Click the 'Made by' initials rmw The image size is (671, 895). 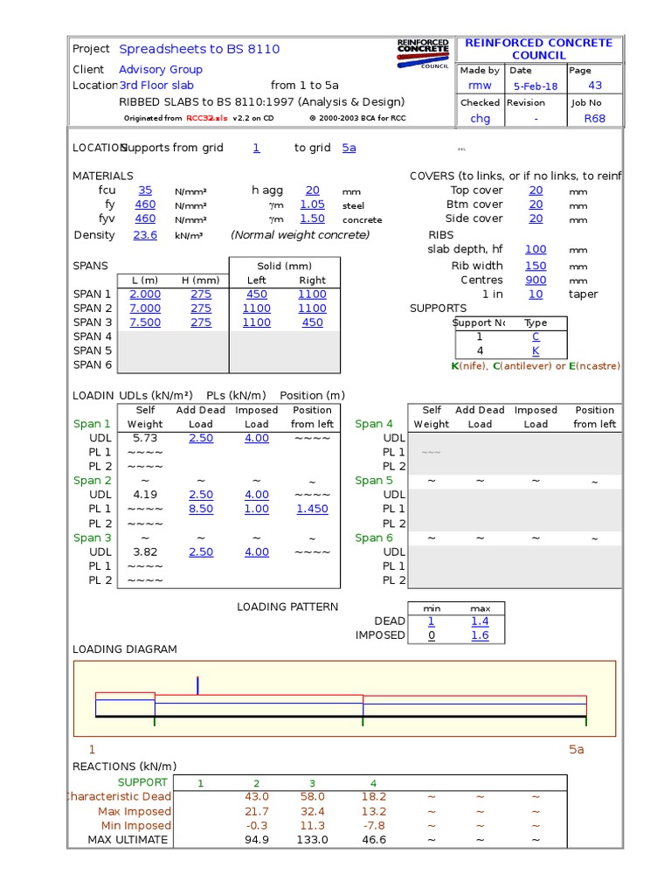tap(480, 86)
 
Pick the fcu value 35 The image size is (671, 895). tap(145, 191)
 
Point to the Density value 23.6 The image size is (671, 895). tap(145, 235)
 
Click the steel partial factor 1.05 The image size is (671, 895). tap(312, 205)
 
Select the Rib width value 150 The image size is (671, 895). tap(536, 266)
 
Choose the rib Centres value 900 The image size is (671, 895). tap(536, 280)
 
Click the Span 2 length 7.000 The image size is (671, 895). tap(145, 309)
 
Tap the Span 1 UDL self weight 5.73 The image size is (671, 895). tap(145, 438)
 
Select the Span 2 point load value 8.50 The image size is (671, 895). tap(201, 509)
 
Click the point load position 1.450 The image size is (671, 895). tap(312, 509)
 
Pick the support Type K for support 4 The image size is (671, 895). tap(536, 350)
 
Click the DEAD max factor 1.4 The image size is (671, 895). tap(480, 621)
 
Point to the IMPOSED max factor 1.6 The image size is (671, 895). tap(480, 635)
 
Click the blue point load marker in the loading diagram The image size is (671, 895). tap(198, 685)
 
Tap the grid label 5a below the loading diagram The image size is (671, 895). tap(576, 750)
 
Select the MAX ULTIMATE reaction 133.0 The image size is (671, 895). tap(312, 840)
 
